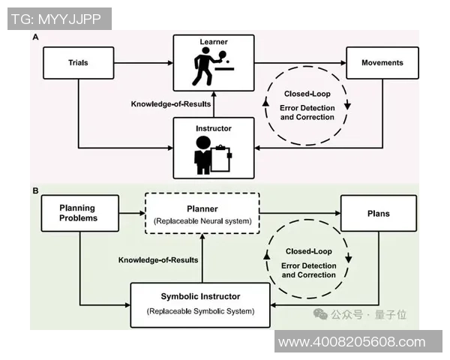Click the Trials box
tap(79, 63)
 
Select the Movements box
tap(382, 63)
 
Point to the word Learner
tap(213, 42)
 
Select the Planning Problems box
tap(79, 213)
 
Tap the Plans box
tap(379, 213)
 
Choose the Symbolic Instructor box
tap(199, 303)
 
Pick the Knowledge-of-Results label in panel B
tap(158, 260)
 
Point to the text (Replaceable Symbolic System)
tap(199, 310)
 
